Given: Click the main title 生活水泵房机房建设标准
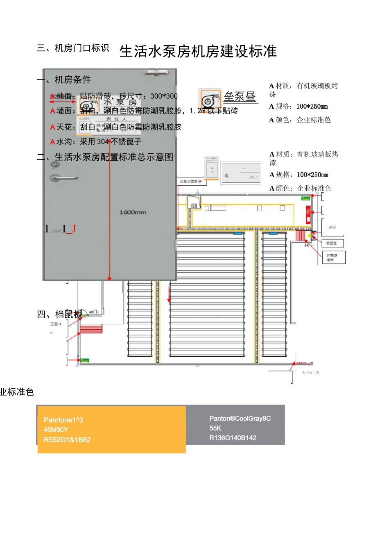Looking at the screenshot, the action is (x=198, y=52).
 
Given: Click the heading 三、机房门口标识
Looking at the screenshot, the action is (x=73, y=48).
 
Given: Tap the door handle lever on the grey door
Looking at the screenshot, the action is (x=63, y=178).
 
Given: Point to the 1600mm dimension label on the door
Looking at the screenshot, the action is (x=133, y=212).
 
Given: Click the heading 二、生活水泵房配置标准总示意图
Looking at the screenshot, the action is (x=105, y=157).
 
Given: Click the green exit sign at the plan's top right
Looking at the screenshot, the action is (x=305, y=198).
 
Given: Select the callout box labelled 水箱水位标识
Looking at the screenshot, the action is (x=191, y=181).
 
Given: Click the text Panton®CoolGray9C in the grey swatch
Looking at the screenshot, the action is (x=240, y=419).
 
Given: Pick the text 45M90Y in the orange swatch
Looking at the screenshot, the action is (x=56, y=430).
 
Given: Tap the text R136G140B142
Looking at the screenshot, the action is (x=233, y=438).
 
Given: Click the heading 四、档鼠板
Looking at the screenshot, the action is (x=59, y=314).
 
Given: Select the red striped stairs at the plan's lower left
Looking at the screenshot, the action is (x=91, y=328).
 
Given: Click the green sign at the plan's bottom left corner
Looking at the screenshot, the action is (x=84, y=361).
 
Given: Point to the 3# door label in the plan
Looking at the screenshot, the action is (x=307, y=245).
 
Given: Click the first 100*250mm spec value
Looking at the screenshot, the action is (x=312, y=107).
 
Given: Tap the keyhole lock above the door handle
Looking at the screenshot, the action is (x=55, y=165).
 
